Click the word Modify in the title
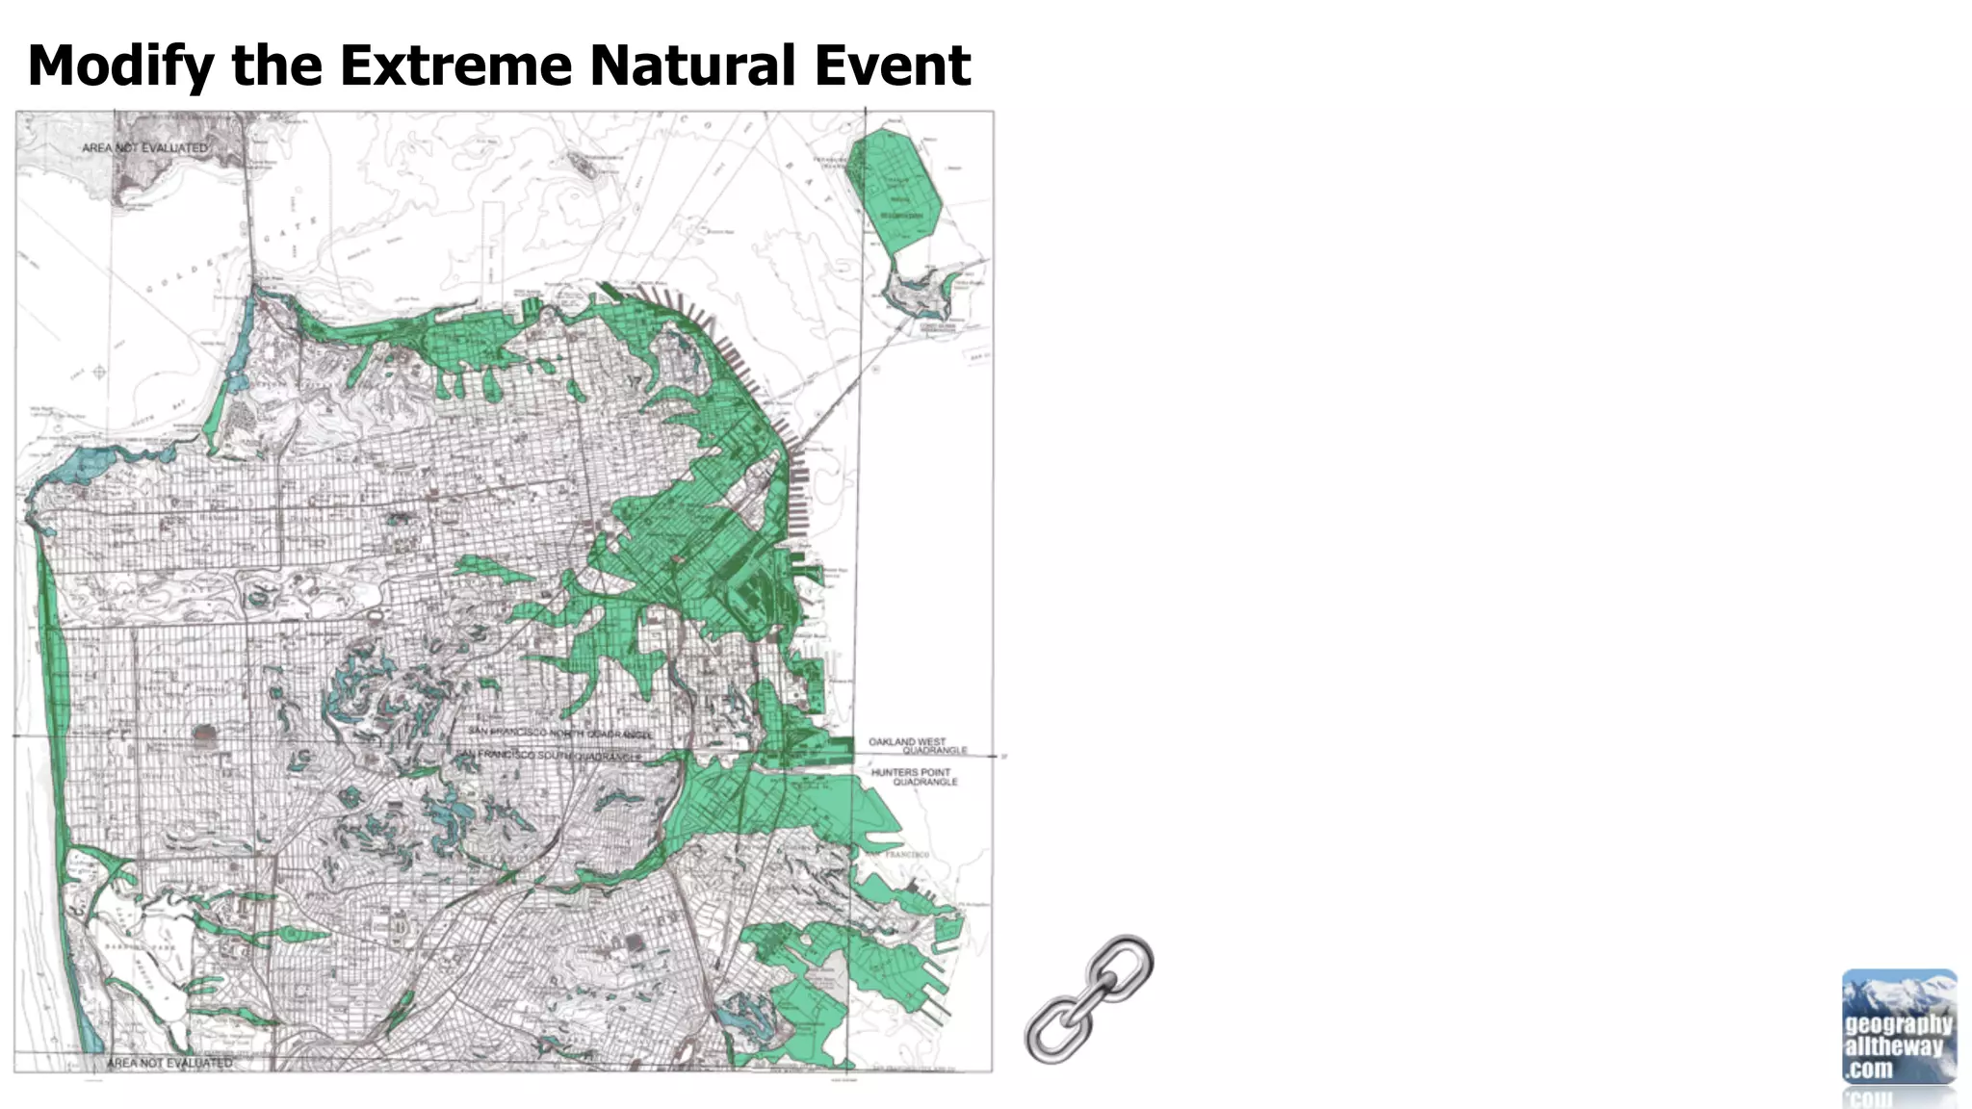click(121, 65)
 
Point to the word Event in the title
click(892, 65)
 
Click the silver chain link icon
click(1089, 998)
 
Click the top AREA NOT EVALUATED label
click(144, 148)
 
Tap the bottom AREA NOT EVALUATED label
click(169, 1063)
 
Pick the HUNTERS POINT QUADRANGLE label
click(914, 777)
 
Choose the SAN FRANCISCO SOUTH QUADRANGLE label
click(549, 757)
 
